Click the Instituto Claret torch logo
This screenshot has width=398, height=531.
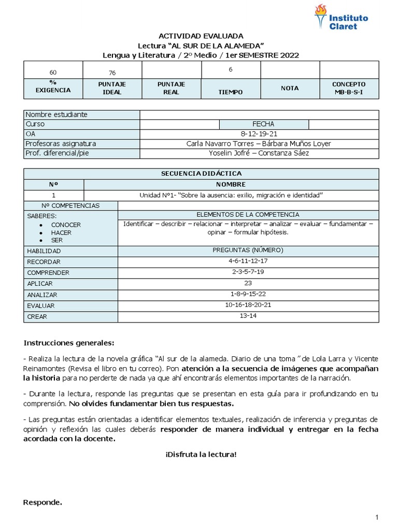coord(321,16)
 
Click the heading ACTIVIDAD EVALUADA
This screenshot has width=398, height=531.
coord(201,36)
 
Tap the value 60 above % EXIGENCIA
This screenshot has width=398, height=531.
coord(53,72)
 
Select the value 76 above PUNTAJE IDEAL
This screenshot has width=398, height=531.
coord(112,73)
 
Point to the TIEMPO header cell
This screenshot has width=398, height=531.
coord(231,92)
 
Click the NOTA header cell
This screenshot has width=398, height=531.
coord(290,88)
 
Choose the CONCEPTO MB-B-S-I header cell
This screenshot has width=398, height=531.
coord(349,88)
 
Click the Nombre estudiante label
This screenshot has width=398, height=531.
coord(56,115)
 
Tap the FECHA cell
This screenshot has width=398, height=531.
coord(263,124)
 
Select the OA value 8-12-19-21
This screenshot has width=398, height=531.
coord(259,134)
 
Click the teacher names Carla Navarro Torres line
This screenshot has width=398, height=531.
coord(259,144)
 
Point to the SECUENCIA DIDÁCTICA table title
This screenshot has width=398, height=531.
coord(201,174)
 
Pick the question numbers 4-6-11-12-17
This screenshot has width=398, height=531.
coord(248,261)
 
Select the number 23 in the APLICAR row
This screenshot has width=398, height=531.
coord(248,283)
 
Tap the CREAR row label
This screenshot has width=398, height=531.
coord(37,316)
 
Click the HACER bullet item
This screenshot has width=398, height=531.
coord(61,233)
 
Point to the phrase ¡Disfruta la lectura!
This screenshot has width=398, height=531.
coord(201,454)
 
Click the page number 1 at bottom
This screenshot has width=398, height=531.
coord(377,517)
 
